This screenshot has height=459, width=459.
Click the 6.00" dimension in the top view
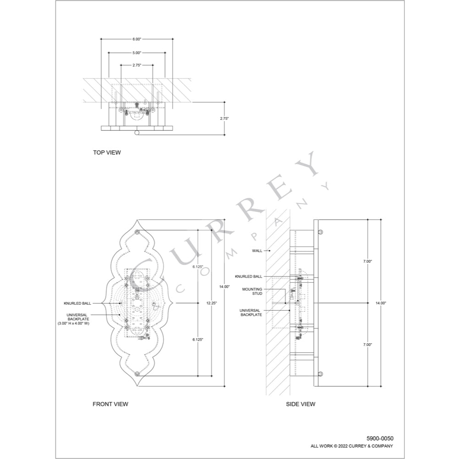[x=136, y=39]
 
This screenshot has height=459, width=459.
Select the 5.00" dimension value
[x=136, y=53]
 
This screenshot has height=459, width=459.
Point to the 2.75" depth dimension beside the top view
[x=224, y=118]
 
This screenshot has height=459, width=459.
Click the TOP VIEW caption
[x=106, y=152]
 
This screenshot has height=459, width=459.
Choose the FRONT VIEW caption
[x=110, y=404]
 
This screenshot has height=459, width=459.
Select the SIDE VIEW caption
[x=301, y=404]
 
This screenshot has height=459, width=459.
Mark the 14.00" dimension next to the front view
[x=224, y=286]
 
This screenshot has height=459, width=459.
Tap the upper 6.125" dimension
[x=198, y=266]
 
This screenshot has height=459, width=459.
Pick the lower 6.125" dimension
[x=198, y=339]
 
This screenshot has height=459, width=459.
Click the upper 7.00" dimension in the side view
[x=368, y=261]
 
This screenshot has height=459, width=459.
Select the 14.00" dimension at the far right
[x=381, y=303]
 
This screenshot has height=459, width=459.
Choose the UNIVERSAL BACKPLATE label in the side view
[x=251, y=313]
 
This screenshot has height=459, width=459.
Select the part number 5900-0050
[x=380, y=438]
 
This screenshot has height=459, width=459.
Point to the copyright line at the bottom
[x=352, y=446]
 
